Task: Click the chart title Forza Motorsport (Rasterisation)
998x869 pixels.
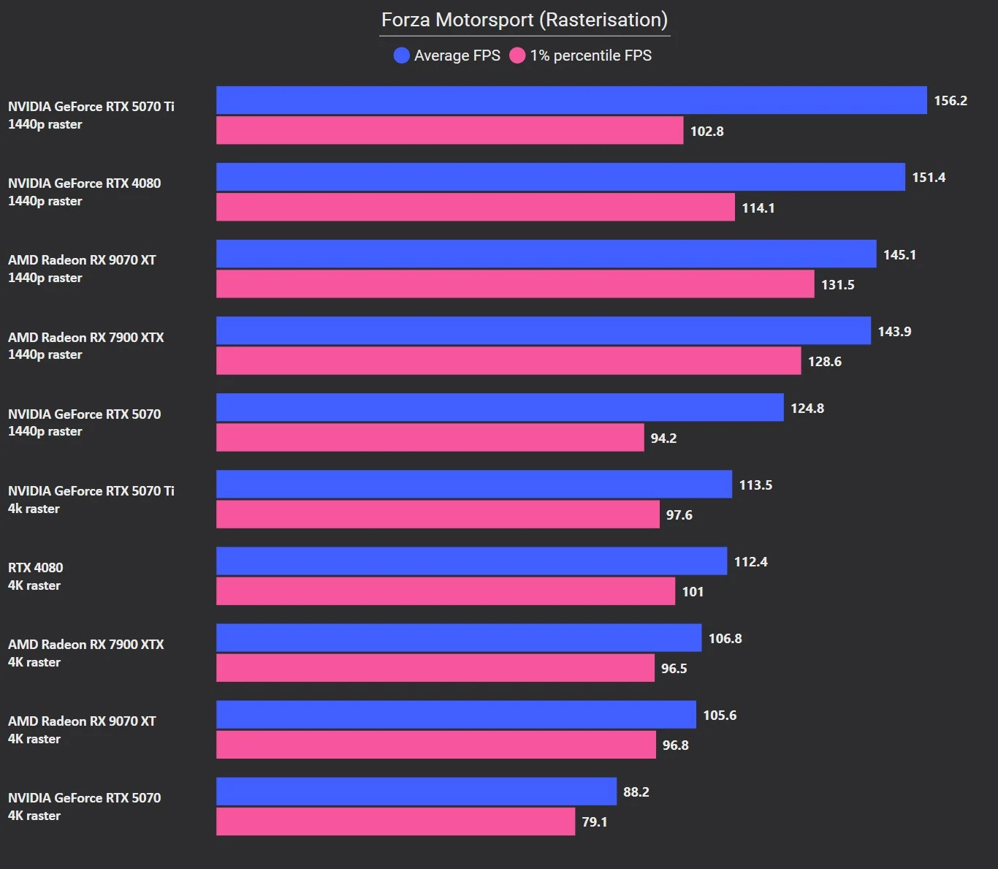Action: tap(524, 20)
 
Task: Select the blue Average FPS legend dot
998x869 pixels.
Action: tap(401, 56)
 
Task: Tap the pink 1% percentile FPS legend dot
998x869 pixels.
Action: tap(517, 56)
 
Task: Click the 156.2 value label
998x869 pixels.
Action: tap(951, 101)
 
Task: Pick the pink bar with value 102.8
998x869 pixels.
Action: tap(449, 131)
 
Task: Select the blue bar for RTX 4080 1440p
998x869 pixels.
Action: tap(560, 177)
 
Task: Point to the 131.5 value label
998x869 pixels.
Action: tap(837, 285)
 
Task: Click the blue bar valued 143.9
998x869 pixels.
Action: tap(544, 331)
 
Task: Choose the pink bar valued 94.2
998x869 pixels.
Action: tap(430, 438)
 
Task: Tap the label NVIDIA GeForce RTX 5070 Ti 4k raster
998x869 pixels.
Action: tap(91, 500)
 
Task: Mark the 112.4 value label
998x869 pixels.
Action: tap(750, 562)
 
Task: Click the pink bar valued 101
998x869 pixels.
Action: tap(446, 591)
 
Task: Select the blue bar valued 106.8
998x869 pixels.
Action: tap(459, 638)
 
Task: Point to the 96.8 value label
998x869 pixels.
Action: tap(675, 745)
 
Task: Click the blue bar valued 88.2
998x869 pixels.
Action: tap(416, 792)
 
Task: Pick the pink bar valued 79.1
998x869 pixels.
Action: tap(395, 821)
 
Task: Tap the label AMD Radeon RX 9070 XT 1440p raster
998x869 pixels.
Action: tap(82, 269)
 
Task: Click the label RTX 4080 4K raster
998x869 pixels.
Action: tap(35, 577)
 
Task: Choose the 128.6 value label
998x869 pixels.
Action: tap(824, 362)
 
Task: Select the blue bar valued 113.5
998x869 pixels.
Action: tap(474, 485)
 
